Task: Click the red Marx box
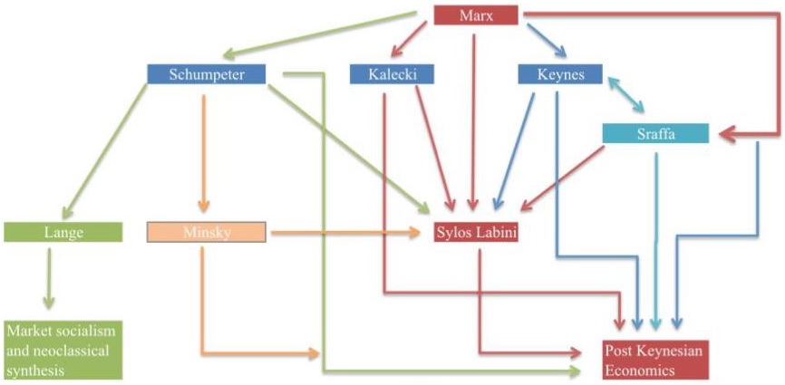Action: click(x=476, y=15)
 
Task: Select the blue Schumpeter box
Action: click(x=207, y=74)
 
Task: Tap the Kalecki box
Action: click(x=391, y=74)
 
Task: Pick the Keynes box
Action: click(x=559, y=74)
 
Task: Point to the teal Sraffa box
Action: click(x=654, y=133)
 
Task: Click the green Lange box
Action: click(x=63, y=232)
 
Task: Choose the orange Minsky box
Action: click(x=206, y=232)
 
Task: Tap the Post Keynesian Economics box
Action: click(x=653, y=360)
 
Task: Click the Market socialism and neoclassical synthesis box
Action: click(x=63, y=349)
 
